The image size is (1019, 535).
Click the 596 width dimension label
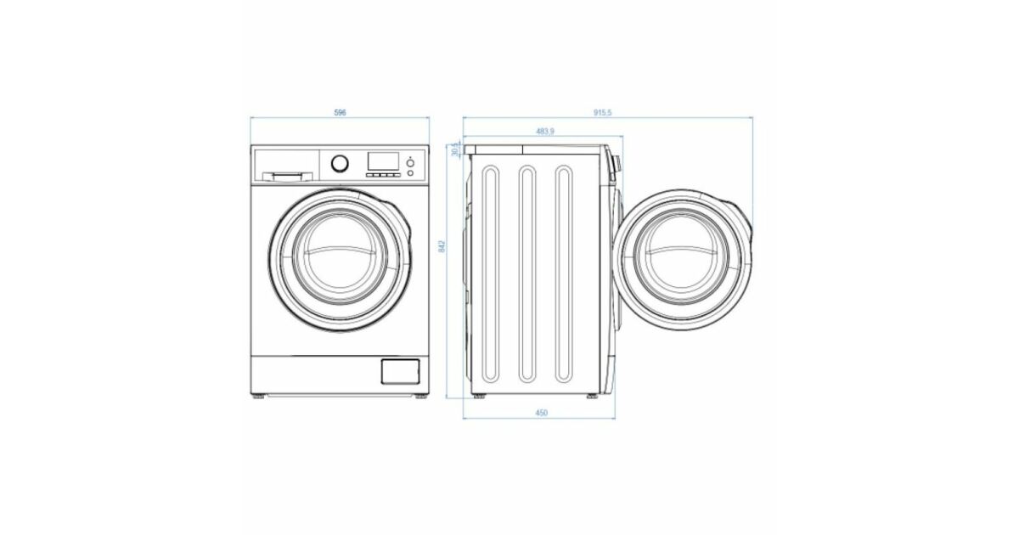(x=340, y=112)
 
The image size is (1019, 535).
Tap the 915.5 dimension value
(x=603, y=112)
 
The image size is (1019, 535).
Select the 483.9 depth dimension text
(x=545, y=131)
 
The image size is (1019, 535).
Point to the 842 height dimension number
(x=442, y=246)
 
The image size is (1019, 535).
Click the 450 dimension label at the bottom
(x=542, y=413)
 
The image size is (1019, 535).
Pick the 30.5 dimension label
(x=455, y=149)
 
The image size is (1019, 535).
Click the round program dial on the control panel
(x=340, y=163)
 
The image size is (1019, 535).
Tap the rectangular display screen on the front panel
(x=383, y=160)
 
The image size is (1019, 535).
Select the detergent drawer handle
(x=288, y=176)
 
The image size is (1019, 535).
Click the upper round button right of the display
(x=410, y=163)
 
